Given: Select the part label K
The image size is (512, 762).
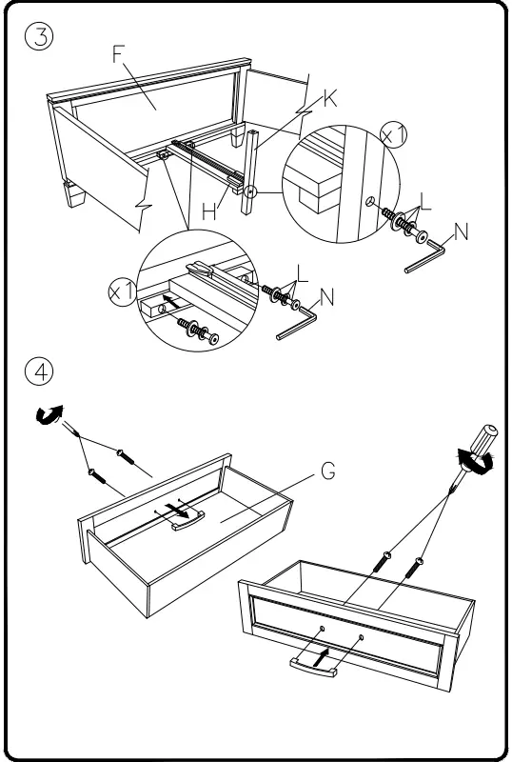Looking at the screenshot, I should pyautogui.click(x=330, y=98).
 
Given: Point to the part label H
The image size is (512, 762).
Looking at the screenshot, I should pyautogui.click(x=208, y=213).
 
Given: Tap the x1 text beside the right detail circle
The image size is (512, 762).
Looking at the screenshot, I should pyautogui.click(x=393, y=136).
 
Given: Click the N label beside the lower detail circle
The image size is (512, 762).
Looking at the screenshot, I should pyautogui.click(x=327, y=298).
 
